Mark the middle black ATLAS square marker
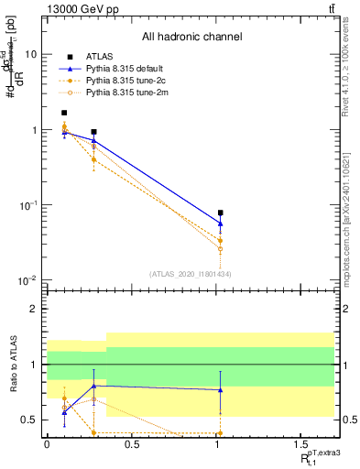[94, 132]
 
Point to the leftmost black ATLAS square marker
[64, 113]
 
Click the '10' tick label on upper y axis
[31, 54]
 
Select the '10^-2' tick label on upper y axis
[29, 280]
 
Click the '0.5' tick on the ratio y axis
[30, 420]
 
